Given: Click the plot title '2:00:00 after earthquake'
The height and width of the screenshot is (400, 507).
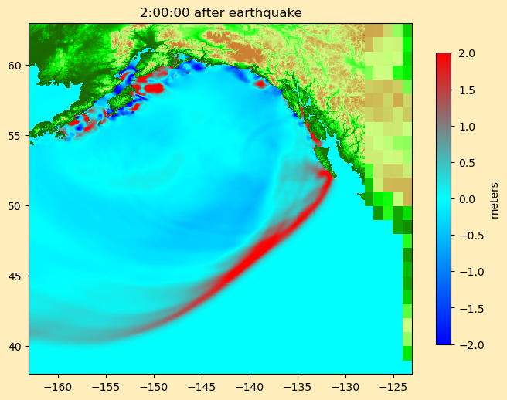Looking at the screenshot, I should pyautogui.click(x=220, y=12).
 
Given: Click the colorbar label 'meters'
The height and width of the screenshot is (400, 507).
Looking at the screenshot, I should pyautogui.click(x=494, y=199).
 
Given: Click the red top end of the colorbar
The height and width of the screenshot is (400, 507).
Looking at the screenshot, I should pyautogui.click(x=443, y=56).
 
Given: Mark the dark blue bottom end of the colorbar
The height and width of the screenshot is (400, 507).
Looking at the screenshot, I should pyautogui.click(x=443, y=341).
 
